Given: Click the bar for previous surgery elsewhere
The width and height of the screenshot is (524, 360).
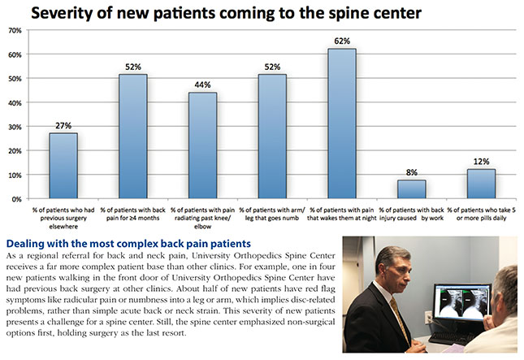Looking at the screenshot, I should point(63,166).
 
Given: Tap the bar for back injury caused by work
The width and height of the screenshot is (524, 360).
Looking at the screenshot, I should point(412,189).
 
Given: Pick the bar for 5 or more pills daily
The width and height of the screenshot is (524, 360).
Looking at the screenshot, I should point(481,184).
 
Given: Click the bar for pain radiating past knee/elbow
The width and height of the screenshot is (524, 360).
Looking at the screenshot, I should point(203,145).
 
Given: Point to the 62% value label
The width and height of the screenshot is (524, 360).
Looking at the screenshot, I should point(342,40).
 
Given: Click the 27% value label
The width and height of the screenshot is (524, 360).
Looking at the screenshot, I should point(63,125).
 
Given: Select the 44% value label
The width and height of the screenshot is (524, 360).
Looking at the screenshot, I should point(203,84).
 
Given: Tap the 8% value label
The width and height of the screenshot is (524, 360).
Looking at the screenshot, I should point(412,171).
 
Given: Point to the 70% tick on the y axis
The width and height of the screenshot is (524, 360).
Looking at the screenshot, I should point(15,30).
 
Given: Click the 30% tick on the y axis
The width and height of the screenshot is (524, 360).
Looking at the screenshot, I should point(15,127).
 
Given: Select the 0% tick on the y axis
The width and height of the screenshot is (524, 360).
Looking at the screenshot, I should point(17,199).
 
